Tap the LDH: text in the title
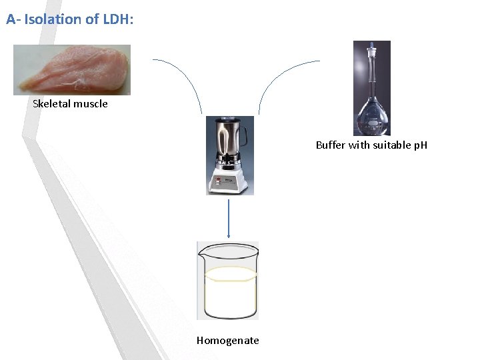(117, 19)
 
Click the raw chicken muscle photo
(72, 69)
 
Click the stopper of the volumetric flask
(372, 48)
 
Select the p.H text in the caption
(420, 145)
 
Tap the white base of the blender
(229, 180)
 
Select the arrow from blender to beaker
(229, 217)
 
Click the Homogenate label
(227, 341)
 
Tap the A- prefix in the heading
(13, 19)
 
